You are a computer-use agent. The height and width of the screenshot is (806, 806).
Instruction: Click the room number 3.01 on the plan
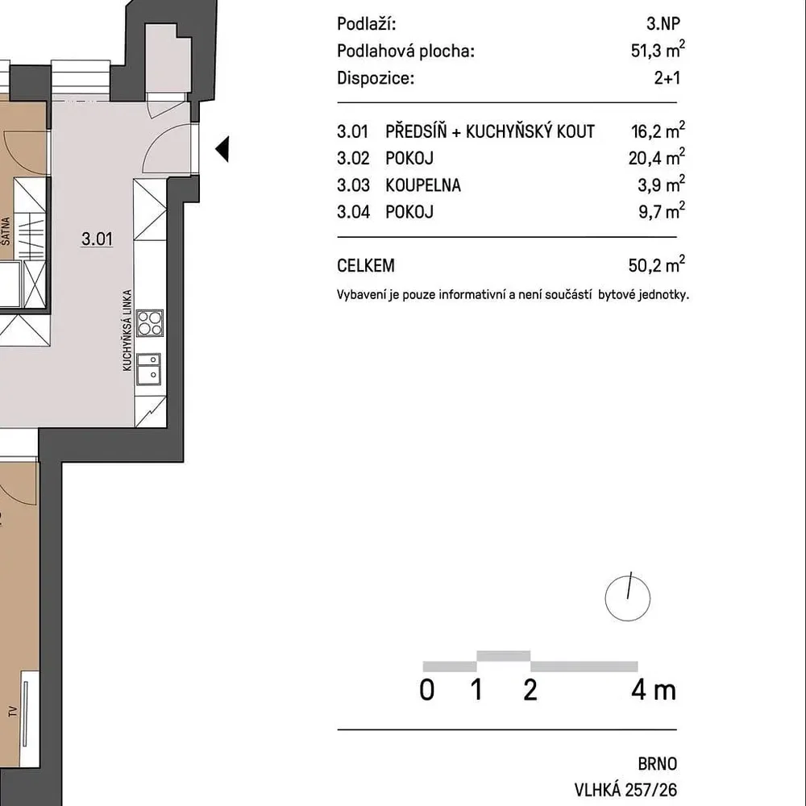(97, 239)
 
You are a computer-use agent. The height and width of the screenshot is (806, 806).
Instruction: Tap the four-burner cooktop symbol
(150, 323)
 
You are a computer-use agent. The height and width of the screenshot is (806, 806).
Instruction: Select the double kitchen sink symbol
(148, 369)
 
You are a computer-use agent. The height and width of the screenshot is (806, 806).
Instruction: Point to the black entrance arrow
(222, 150)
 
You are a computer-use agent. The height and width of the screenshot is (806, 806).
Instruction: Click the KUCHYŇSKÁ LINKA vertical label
(127, 330)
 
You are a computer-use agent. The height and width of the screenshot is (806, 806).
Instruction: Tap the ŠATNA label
(6, 231)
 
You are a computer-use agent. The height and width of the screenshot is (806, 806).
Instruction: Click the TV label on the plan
(12, 712)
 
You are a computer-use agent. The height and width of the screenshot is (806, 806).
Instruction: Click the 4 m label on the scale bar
(654, 691)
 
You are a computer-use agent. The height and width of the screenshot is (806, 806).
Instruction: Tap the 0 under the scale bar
(427, 691)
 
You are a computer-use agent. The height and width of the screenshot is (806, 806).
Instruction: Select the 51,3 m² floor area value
(658, 50)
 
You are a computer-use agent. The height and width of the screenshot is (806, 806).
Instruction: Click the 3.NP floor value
(663, 23)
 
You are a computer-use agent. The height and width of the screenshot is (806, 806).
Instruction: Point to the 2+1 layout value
(667, 78)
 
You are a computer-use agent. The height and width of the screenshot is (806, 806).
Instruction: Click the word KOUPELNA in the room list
(423, 185)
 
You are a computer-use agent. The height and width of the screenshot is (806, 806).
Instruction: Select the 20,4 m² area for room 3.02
(657, 157)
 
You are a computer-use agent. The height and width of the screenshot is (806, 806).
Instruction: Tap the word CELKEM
(366, 266)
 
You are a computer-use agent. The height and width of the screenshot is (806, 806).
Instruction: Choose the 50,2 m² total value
(657, 264)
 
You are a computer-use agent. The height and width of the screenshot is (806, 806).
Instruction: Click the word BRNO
(658, 764)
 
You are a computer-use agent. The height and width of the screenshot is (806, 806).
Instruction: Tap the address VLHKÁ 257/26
(625, 790)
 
